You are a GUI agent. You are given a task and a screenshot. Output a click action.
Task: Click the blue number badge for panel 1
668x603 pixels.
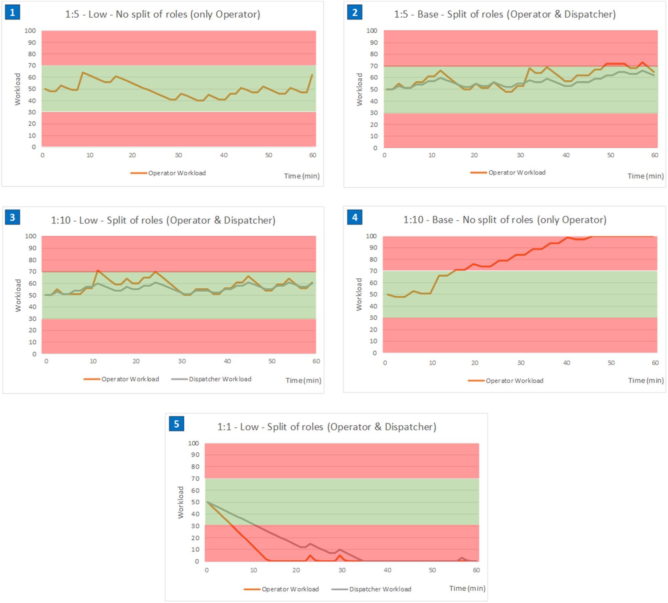point(12,12)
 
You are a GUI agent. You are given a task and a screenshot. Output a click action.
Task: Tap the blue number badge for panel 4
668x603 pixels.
point(355,217)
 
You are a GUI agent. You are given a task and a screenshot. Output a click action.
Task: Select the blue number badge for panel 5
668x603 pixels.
point(176,424)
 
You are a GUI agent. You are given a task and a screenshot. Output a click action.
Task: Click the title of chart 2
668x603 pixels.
point(505,14)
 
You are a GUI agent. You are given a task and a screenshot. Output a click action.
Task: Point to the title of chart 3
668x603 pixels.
point(163,220)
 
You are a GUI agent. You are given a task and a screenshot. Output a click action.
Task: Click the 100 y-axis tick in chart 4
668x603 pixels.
point(371,236)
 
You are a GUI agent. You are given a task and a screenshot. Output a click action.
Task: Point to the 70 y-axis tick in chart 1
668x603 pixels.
point(32,65)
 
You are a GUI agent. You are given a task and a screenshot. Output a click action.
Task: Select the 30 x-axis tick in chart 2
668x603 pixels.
point(520,155)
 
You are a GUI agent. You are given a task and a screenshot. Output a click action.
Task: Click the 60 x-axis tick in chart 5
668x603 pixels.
point(476,570)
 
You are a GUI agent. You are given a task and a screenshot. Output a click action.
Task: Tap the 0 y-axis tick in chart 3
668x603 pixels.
point(34,354)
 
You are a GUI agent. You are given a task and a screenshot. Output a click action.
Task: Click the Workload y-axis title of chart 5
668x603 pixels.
point(181,502)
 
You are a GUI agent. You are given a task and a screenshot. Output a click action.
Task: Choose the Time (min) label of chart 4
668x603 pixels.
point(646,381)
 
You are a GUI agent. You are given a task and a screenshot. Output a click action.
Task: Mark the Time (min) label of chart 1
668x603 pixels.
point(302,176)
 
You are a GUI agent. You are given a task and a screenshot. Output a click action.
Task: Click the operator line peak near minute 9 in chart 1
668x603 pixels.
point(83,72)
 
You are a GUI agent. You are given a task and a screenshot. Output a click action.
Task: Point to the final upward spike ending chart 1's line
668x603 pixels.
point(312,75)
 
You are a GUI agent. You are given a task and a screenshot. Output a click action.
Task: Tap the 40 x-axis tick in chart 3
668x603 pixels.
point(227,361)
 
